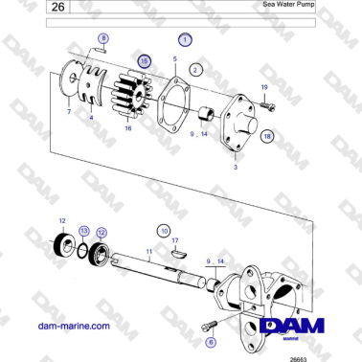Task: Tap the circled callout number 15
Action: tap(144, 60)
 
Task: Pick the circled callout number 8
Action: tap(103, 38)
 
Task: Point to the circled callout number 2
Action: tap(194, 70)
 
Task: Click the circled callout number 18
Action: tap(266, 137)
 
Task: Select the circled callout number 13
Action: tap(84, 231)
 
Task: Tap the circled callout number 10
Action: tap(164, 231)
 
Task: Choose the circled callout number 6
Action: tap(211, 340)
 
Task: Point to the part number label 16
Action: tap(127, 127)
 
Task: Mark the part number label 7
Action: tap(68, 112)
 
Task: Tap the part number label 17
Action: tap(175, 240)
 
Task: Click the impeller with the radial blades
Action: tap(133, 96)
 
